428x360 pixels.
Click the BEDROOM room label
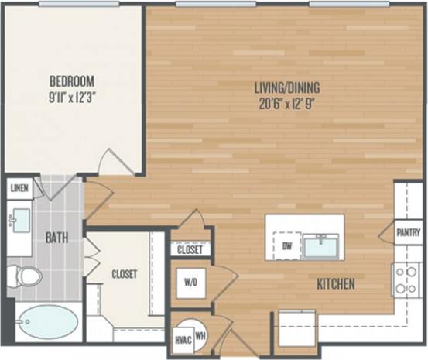[x=72, y=81]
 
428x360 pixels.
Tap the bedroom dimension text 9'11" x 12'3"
[x=72, y=98]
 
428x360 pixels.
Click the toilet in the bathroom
[x=22, y=275]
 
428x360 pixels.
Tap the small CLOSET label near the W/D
[x=190, y=250]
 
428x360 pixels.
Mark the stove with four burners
[x=406, y=279]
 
